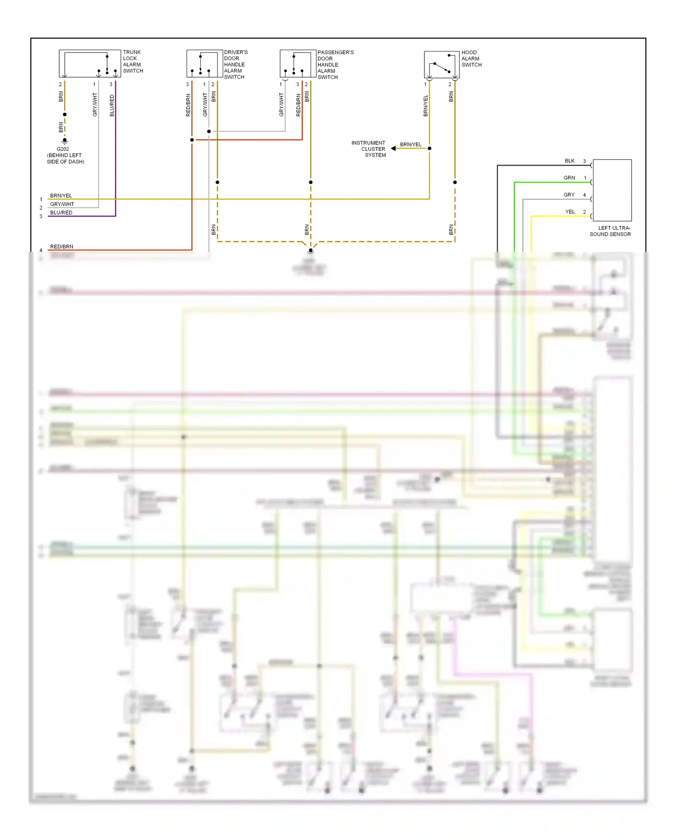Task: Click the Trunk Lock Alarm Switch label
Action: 133,62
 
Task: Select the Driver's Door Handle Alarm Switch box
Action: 204,63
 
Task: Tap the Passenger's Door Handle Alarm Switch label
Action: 335,65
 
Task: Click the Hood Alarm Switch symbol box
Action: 441,65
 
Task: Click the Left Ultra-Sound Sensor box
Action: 612,190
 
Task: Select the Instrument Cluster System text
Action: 369,149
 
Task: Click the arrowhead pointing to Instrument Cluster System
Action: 393,148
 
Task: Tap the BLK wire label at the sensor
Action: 570,161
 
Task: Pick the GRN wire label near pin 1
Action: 569,178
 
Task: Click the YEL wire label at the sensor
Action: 570,212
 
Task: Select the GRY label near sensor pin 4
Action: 569,195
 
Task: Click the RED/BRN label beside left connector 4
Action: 62,247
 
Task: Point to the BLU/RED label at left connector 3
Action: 61,213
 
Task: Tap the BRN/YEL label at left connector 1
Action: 61,196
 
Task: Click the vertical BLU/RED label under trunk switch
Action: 112,106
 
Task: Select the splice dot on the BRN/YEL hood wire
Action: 429,148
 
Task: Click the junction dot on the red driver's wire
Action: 192,140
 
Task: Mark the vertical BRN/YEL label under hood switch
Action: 425,106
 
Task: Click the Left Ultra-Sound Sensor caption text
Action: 610,231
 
